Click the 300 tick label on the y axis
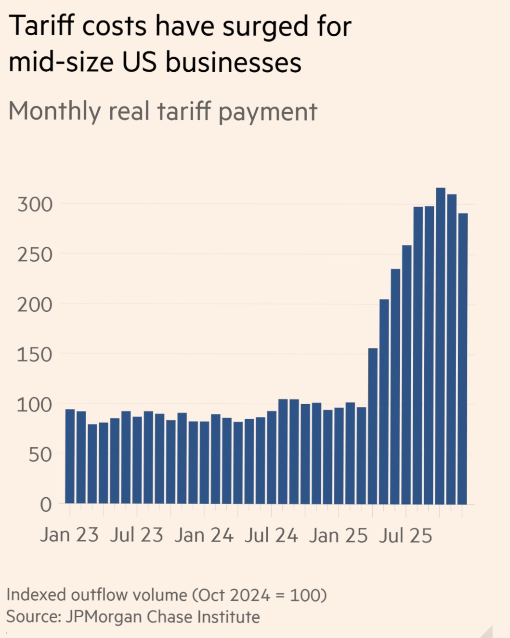click(35, 204)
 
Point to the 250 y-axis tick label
click(35, 255)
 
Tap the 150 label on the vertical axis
click(35, 355)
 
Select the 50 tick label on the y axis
click(40, 455)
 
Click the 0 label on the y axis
click(46, 505)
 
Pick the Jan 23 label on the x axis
click(69, 535)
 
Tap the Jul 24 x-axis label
click(271, 535)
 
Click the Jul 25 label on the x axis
click(405, 535)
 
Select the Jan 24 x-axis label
click(204, 535)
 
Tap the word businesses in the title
click(234, 63)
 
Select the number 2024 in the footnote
click(250, 595)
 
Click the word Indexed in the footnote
click(36, 595)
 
